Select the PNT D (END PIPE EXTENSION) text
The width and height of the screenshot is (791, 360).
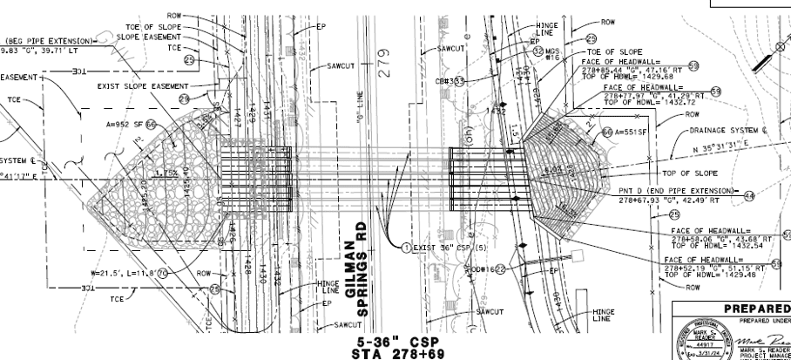pos(658,190)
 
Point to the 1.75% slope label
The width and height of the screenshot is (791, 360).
pos(166,173)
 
